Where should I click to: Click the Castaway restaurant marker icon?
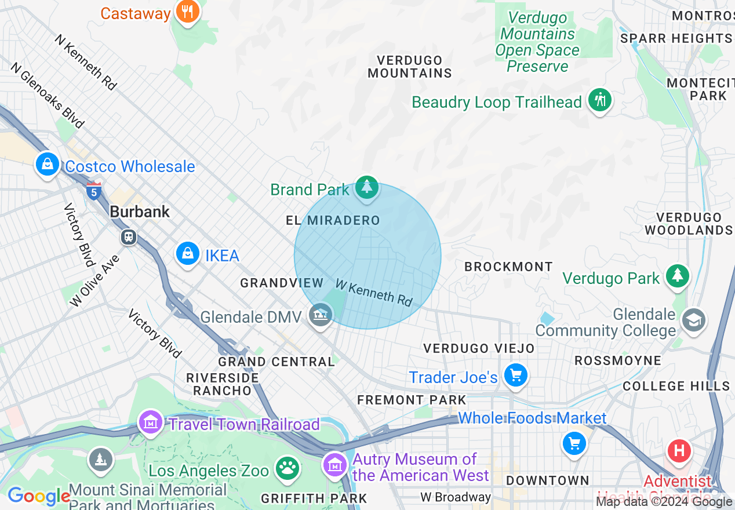(187, 11)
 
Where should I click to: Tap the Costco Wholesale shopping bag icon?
(48, 164)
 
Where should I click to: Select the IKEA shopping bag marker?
(188, 254)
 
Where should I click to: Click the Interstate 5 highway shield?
(93, 190)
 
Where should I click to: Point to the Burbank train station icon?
(129, 237)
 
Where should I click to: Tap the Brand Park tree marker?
(366, 188)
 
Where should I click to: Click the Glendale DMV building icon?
(320, 315)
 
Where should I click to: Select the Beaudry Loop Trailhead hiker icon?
(599, 100)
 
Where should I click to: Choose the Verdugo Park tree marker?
(676, 276)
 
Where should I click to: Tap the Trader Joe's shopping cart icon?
(515, 376)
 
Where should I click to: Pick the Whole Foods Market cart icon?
(574, 444)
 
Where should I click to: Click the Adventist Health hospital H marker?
(679, 451)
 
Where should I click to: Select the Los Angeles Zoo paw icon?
(286, 467)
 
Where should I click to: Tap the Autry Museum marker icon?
(336, 464)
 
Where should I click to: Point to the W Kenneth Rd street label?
(373, 293)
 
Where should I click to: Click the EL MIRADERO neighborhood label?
(333, 220)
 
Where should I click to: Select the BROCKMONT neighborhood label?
(508, 267)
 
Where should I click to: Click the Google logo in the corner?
(38, 496)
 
